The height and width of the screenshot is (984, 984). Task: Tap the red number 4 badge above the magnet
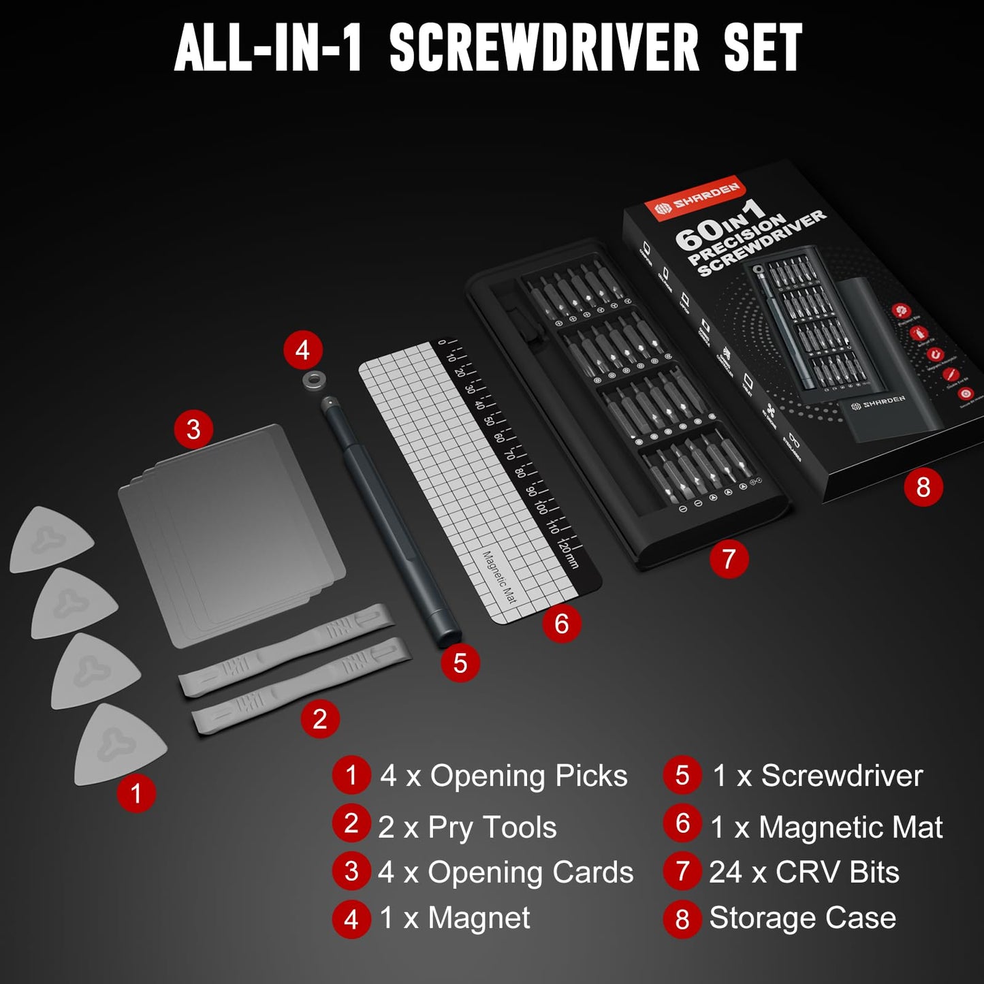pyautogui.click(x=302, y=350)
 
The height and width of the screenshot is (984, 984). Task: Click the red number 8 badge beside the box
pyautogui.click(x=923, y=487)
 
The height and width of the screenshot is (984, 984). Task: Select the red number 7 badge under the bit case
pyautogui.click(x=729, y=559)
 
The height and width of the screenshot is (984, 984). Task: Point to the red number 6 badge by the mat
pyautogui.click(x=561, y=623)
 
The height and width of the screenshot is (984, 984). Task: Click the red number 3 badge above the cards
pyautogui.click(x=193, y=429)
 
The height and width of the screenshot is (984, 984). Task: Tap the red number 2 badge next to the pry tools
pyautogui.click(x=319, y=718)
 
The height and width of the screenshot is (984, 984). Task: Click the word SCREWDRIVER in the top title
pyautogui.click(x=544, y=48)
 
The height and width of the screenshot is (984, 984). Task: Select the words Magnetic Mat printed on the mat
pyautogui.click(x=499, y=577)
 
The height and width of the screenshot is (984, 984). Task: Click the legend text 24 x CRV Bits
pyautogui.click(x=804, y=872)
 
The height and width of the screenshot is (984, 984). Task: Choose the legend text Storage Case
pyautogui.click(x=802, y=918)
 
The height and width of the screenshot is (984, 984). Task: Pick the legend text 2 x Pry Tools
pyautogui.click(x=467, y=827)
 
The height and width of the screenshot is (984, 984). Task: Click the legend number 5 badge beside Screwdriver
pyautogui.click(x=682, y=776)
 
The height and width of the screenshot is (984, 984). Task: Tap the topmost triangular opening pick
pyautogui.click(x=51, y=539)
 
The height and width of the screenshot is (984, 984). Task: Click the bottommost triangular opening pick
pyautogui.click(x=119, y=745)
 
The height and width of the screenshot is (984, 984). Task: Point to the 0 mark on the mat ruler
pyautogui.click(x=442, y=343)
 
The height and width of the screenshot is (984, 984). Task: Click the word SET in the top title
pyautogui.click(x=763, y=48)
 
